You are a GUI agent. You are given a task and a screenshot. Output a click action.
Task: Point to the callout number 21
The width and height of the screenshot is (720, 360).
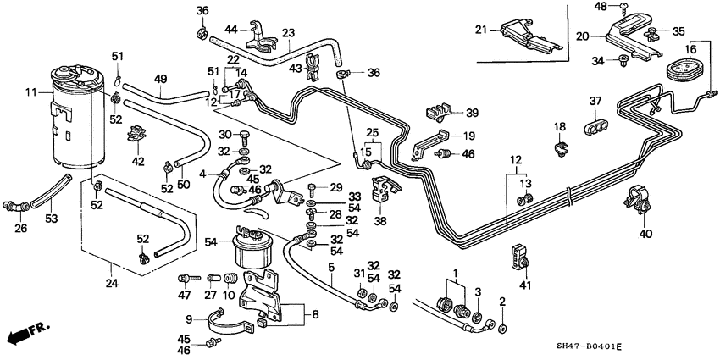point(481,30)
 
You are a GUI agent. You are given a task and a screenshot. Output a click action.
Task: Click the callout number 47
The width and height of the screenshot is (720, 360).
point(184,295)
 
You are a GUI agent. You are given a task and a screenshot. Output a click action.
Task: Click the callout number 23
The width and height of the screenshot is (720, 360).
point(288,34)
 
